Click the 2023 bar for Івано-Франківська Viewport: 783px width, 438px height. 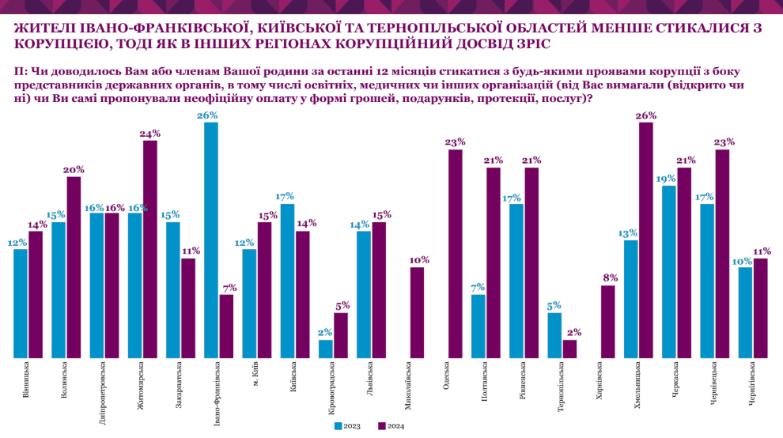click(211, 241)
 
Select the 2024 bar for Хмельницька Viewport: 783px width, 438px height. click(646, 241)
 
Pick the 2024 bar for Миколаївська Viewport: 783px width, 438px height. click(418, 313)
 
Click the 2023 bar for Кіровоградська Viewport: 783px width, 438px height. click(326, 349)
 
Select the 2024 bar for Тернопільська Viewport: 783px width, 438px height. click(569, 349)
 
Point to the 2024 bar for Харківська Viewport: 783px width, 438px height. click(608, 322)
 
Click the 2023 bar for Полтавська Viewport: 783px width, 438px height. click(478, 327)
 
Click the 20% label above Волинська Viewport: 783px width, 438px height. click(74, 169)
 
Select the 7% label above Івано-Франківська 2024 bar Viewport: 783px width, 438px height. click(226, 287)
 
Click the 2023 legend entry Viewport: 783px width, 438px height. click(348, 426)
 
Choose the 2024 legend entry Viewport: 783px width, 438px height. click(391, 426)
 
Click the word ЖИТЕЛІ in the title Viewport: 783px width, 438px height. click(47, 27)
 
